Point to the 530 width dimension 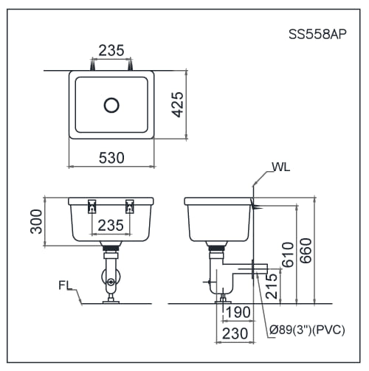[x=111, y=157]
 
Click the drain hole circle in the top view [x=111, y=105]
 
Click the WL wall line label [x=281, y=167]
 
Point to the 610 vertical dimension [x=288, y=254]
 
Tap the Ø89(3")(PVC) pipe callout [x=308, y=330]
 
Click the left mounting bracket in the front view [x=92, y=206]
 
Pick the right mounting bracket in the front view [x=131, y=206]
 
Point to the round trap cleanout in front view [x=110, y=281]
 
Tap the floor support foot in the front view [x=111, y=298]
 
